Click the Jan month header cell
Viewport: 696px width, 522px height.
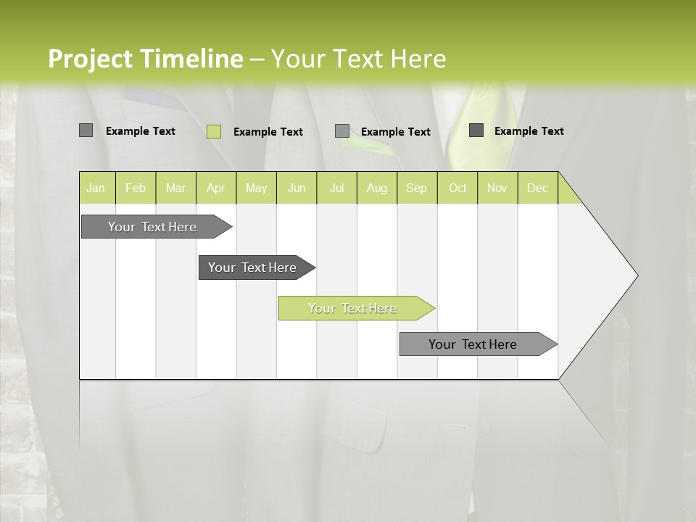tap(96, 188)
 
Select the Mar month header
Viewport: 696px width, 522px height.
tap(175, 188)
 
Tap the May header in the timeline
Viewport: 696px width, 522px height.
tap(256, 188)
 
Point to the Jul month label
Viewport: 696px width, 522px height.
tap(336, 188)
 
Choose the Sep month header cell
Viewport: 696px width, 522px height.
tap(416, 188)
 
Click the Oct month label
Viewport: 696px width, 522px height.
tap(457, 188)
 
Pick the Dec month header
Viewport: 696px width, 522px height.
tap(537, 188)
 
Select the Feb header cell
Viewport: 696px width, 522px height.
tap(136, 188)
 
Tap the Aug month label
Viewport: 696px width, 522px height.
tap(376, 188)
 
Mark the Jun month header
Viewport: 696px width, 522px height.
tap(297, 188)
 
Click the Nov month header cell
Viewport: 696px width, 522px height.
tap(497, 188)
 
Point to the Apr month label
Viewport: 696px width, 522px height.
tap(215, 188)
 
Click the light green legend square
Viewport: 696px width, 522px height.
tap(213, 131)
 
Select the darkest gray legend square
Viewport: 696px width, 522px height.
tap(476, 130)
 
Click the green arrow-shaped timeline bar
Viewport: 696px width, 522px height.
tap(352, 308)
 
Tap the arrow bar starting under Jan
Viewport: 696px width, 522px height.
tap(152, 227)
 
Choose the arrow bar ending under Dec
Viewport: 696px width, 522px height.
tap(473, 344)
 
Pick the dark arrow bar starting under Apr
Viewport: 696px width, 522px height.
tap(252, 268)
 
